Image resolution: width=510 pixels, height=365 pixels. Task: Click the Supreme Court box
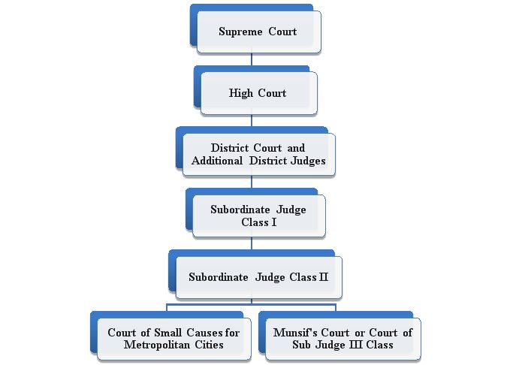click(x=258, y=32)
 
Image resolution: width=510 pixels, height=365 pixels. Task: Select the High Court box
click(x=258, y=93)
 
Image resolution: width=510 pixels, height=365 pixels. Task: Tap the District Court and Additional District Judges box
click(x=258, y=155)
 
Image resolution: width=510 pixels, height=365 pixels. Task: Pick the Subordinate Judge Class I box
click(x=258, y=216)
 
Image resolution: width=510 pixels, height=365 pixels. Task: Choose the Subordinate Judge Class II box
click(x=258, y=277)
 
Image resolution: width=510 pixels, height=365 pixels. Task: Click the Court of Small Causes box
click(x=174, y=339)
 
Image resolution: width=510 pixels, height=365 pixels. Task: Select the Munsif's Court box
click(x=343, y=339)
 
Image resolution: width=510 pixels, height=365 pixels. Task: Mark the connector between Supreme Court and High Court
click(x=252, y=59)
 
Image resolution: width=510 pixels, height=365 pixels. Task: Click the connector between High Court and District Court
click(x=252, y=119)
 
